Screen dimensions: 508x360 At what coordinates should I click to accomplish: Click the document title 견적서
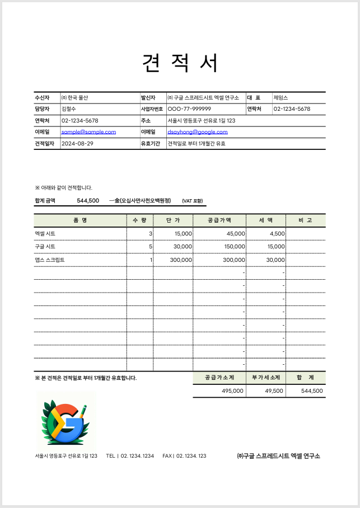(180, 63)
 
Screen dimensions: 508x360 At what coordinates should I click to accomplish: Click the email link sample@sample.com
(88, 132)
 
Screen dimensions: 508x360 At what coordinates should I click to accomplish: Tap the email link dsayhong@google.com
(198, 132)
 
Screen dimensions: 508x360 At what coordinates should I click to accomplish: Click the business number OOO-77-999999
(189, 109)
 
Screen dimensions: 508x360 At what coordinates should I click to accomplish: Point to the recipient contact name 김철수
(68, 109)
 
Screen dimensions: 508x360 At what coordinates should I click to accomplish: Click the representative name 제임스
(280, 97)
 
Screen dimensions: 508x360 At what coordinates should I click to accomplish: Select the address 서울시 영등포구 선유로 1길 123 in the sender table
(202, 120)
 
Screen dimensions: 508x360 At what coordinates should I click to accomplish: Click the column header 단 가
(173, 220)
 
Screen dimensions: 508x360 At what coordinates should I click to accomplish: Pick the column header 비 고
(305, 220)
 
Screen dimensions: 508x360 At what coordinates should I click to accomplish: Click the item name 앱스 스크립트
(49, 260)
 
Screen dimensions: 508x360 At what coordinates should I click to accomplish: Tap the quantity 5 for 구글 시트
(150, 246)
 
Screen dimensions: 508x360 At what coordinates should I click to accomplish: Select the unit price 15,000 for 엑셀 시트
(183, 233)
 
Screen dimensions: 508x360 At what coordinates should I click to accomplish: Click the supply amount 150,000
(233, 246)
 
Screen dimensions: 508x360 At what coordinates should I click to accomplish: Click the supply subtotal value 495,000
(232, 391)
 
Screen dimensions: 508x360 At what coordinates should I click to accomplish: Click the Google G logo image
(66, 421)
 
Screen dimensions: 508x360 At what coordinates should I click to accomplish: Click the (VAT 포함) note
(192, 201)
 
